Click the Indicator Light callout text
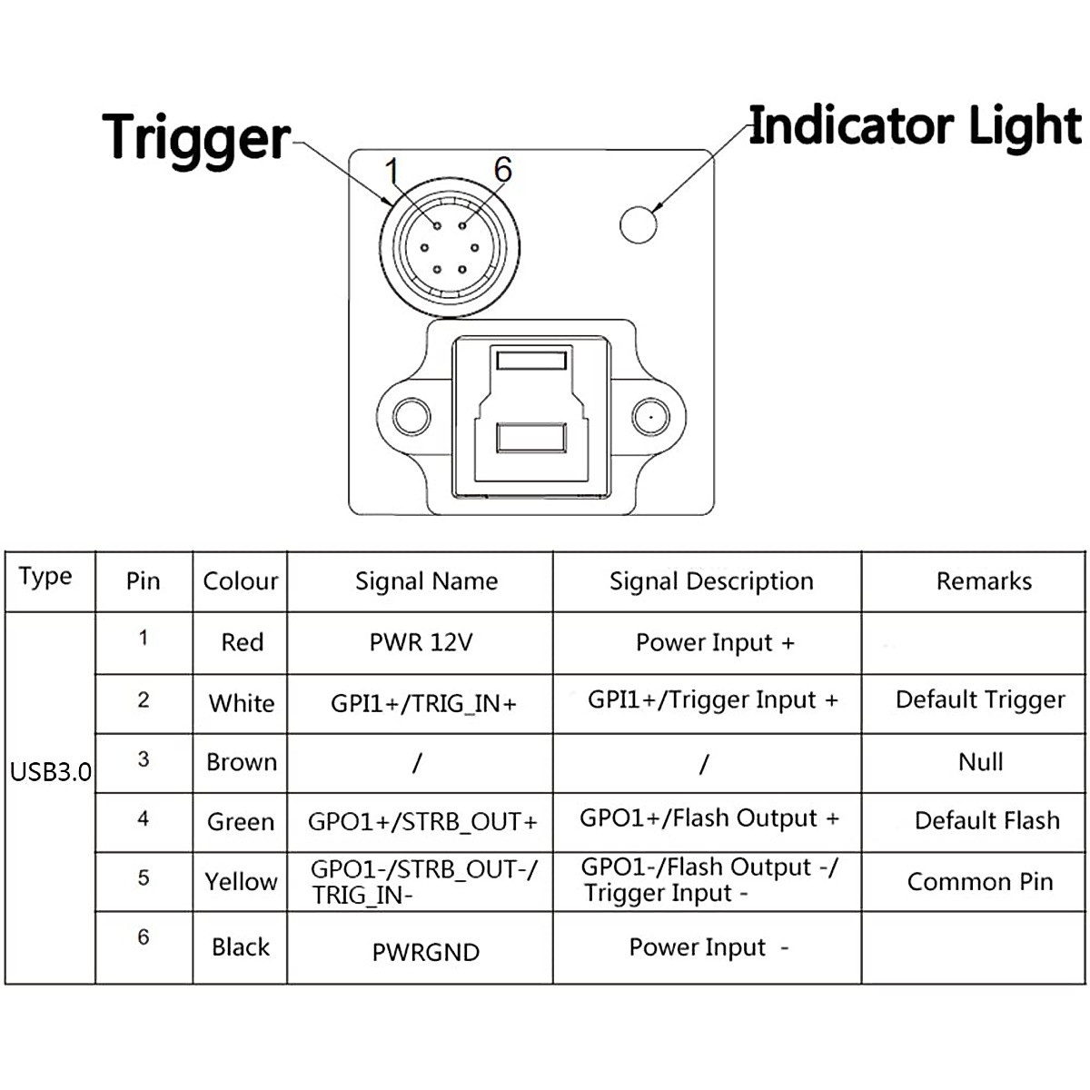(916, 128)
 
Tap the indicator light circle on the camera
(638, 224)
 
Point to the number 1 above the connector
(392, 170)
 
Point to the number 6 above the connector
(503, 169)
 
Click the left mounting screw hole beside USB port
(411, 417)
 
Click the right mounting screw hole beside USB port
(651, 417)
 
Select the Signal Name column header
(427, 581)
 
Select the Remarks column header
(984, 581)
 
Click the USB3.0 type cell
(50, 771)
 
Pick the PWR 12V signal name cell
(421, 642)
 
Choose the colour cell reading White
(242, 703)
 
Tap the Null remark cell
(980, 762)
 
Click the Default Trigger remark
(980, 700)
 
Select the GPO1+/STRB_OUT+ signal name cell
(422, 821)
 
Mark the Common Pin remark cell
(980, 881)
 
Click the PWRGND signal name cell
(425, 952)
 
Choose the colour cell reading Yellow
(241, 881)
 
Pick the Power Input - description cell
(708, 947)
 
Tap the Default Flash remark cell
(987, 820)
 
